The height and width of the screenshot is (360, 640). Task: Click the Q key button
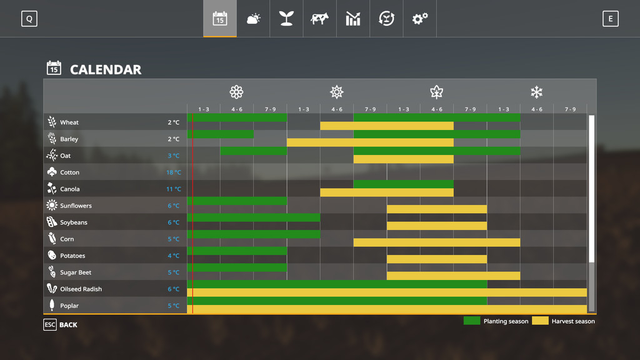click(29, 19)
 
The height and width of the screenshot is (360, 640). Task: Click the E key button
click(610, 19)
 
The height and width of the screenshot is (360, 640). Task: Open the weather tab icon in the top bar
click(253, 19)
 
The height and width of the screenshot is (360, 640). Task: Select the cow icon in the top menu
click(319, 19)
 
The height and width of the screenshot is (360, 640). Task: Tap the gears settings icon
click(419, 19)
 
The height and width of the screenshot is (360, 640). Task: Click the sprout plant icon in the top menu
click(286, 19)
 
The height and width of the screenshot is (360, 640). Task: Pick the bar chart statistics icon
click(353, 19)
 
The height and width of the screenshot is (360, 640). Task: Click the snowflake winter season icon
click(536, 92)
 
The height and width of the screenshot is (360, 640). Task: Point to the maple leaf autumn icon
click(436, 92)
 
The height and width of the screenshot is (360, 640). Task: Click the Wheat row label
click(69, 122)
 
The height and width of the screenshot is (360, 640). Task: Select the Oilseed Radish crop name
click(81, 289)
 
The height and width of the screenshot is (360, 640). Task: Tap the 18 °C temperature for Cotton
click(173, 172)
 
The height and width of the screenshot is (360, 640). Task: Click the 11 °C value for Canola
click(173, 189)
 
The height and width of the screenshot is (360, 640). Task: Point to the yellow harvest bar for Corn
click(436, 242)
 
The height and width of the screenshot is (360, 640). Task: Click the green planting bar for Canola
click(403, 184)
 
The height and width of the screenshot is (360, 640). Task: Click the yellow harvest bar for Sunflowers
click(436, 209)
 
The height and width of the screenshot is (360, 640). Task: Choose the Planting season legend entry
click(496, 321)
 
